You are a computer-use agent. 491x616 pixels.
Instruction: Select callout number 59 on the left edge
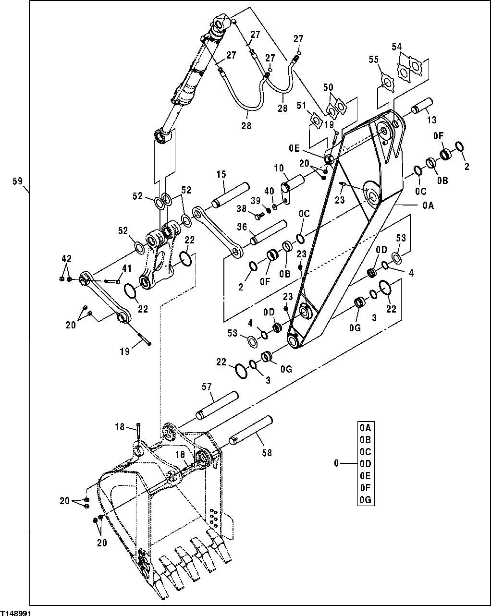click(17, 181)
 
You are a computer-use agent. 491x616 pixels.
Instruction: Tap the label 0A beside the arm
click(428, 205)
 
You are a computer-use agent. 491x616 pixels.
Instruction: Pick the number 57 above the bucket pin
click(207, 386)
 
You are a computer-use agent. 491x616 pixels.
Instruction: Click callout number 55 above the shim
click(374, 59)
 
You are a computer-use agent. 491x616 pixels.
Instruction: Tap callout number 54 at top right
click(397, 46)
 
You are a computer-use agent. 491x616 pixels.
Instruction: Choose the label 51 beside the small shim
click(301, 105)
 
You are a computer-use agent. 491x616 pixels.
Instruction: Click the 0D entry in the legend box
click(366, 463)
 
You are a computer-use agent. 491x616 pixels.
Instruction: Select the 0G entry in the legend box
click(366, 499)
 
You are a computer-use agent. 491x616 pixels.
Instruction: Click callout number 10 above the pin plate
click(279, 168)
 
